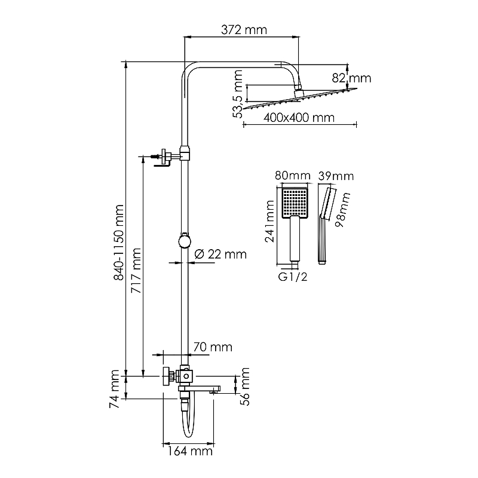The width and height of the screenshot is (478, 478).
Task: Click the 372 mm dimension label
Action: pos(244,30)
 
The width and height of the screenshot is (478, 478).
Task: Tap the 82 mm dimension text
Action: pos(351,78)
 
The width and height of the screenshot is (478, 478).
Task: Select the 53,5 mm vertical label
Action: pos(237,94)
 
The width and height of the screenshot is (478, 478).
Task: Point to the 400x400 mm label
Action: pos(299,117)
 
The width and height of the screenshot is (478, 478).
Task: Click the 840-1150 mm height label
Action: pos(118,243)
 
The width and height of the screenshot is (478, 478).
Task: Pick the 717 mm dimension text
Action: pos(136,271)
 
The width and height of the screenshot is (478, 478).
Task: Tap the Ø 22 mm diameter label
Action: pos(220,254)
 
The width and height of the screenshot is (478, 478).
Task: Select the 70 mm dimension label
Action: pos(213,347)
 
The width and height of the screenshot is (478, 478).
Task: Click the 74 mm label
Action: pos(114,389)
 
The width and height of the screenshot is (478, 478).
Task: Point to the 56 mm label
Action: pos(245,387)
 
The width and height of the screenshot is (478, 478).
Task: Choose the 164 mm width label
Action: pos(190,451)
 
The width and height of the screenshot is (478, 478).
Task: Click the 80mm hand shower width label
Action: pos(293,176)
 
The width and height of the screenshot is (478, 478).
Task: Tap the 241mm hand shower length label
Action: pos(269,221)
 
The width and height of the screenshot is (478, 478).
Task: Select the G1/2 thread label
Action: pos(293,277)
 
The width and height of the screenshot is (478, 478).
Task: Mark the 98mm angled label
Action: pos(342,210)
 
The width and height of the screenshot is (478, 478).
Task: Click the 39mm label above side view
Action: pos(336,176)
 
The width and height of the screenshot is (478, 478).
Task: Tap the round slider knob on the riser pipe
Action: pos(185,241)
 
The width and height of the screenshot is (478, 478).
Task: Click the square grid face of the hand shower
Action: pos(295,201)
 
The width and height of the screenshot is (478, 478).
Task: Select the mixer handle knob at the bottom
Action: pos(167,376)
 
